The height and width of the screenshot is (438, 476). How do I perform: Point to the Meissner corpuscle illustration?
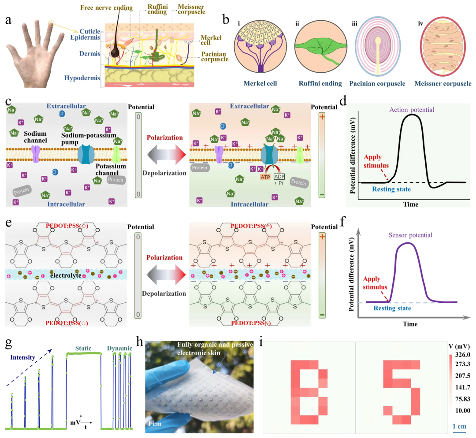coord(442,50)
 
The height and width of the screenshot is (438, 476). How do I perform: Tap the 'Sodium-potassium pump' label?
coord(95,135)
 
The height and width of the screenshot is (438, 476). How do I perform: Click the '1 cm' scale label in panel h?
coord(155,424)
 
